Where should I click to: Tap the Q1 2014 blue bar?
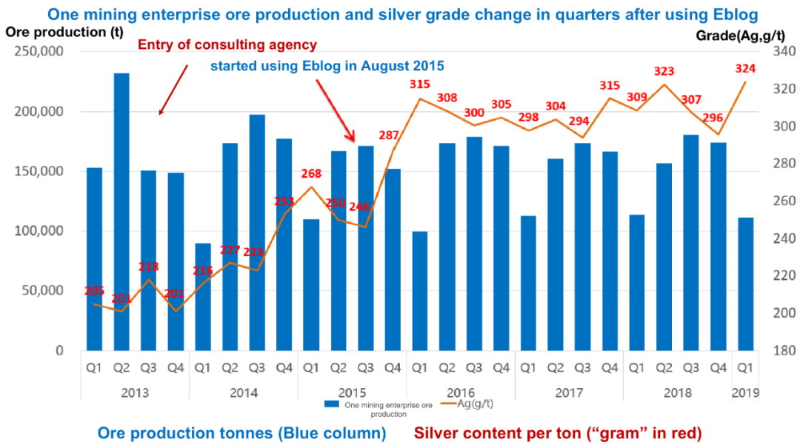(202, 296)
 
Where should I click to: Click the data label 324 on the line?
(745, 69)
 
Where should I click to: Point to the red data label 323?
(664, 72)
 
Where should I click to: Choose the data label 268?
(311, 173)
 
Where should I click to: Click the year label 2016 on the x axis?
(460, 392)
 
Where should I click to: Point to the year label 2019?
(745, 392)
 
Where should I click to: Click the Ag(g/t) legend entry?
(474, 404)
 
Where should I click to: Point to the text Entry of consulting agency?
(227, 45)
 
